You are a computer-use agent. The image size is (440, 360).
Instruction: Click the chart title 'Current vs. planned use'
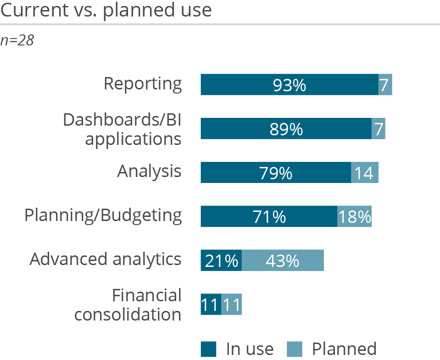click(106, 10)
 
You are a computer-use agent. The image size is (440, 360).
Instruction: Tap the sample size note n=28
click(17, 40)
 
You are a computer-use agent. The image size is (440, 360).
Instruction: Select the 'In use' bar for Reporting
click(289, 85)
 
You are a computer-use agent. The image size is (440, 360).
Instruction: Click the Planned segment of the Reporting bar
click(385, 85)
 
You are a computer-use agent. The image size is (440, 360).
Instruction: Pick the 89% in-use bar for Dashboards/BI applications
click(286, 129)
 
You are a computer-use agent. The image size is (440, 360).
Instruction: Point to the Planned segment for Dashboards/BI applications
click(378, 129)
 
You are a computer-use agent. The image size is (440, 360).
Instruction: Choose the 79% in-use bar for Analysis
click(276, 172)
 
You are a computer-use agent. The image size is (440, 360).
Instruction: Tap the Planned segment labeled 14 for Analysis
click(365, 172)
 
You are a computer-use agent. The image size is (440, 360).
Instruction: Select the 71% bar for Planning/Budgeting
click(269, 216)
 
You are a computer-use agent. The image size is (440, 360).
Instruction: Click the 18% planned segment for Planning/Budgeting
click(354, 216)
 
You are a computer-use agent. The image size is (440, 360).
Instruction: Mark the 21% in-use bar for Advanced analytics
click(221, 260)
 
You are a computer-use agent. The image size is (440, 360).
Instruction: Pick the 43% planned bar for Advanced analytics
click(283, 260)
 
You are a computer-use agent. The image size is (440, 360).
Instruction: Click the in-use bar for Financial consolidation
click(211, 304)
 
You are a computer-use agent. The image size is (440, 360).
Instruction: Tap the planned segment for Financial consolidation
click(231, 304)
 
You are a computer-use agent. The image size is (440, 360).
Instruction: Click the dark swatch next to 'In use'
click(208, 349)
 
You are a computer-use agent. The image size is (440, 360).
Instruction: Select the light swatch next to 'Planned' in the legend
click(295, 349)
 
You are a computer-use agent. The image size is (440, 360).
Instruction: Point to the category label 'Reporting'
click(143, 83)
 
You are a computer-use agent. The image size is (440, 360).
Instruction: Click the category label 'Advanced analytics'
click(106, 259)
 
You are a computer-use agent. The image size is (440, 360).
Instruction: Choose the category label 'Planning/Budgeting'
click(103, 215)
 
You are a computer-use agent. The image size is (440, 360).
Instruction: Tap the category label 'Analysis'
click(149, 172)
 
